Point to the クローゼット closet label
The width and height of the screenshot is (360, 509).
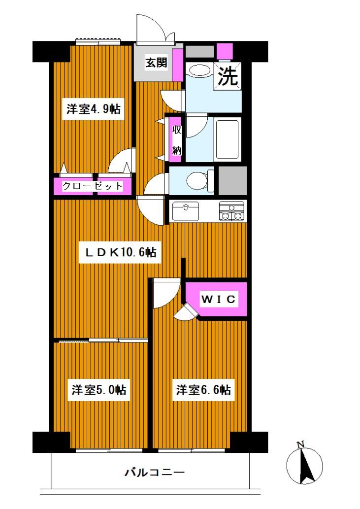point(92,186)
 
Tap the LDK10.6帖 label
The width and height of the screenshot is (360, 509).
point(121,253)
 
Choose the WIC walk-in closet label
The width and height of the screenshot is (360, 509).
point(219,299)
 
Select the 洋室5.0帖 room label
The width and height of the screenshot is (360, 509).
point(99,390)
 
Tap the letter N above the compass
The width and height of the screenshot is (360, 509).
point(300,445)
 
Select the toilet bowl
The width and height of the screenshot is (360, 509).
point(197,180)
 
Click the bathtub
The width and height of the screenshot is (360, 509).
point(228,138)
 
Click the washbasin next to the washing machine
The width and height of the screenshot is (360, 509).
point(199,70)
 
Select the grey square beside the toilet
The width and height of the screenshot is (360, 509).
point(232,180)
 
